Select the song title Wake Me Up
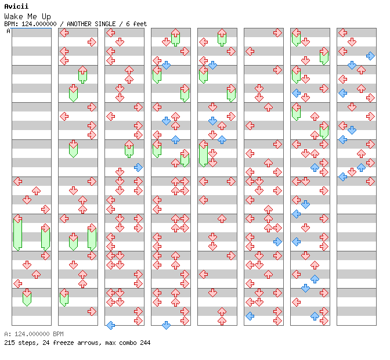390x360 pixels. pos(27,16)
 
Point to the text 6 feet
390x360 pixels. pos(135,24)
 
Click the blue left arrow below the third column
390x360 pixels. pos(110,325)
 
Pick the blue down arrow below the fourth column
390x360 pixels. pos(166,325)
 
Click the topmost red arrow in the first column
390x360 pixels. pos(17,181)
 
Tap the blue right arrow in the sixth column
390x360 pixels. pos(277,242)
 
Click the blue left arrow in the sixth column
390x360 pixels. pos(250,316)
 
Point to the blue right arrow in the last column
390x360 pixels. pos(370,56)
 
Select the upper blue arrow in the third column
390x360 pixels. pos(138,167)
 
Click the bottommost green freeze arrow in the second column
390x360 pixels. pos(64,298)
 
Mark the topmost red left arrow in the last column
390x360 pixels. pos(342,33)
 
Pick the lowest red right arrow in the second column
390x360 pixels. pos(92,311)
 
